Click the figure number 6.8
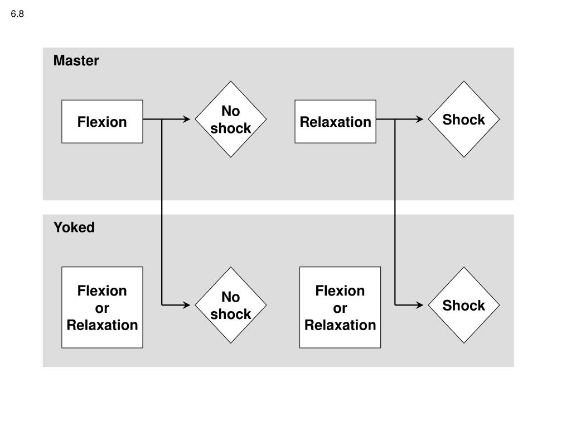coord(17,14)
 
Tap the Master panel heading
coord(76,60)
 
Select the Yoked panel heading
coord(74,227)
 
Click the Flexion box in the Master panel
coord(103,121)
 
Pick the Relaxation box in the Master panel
coord(335,121)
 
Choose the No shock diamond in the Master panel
coord(231,120)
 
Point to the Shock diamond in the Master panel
coord(464,120)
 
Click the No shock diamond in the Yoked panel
coord(231,305)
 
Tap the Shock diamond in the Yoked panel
coord(464,305)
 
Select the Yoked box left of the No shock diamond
coord(103,308)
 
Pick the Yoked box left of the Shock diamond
coord(340,308)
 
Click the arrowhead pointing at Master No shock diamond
coord(186,119)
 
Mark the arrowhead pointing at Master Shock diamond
coord(419,119)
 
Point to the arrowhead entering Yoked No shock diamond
coord(186,305)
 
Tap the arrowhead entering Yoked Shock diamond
coord(419,305)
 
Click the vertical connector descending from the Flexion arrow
coord(162,212)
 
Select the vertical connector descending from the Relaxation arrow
coord(395,212)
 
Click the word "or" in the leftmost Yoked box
coord(102,308)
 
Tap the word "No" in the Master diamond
coord(231,111)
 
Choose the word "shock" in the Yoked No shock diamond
coord(231,314)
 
